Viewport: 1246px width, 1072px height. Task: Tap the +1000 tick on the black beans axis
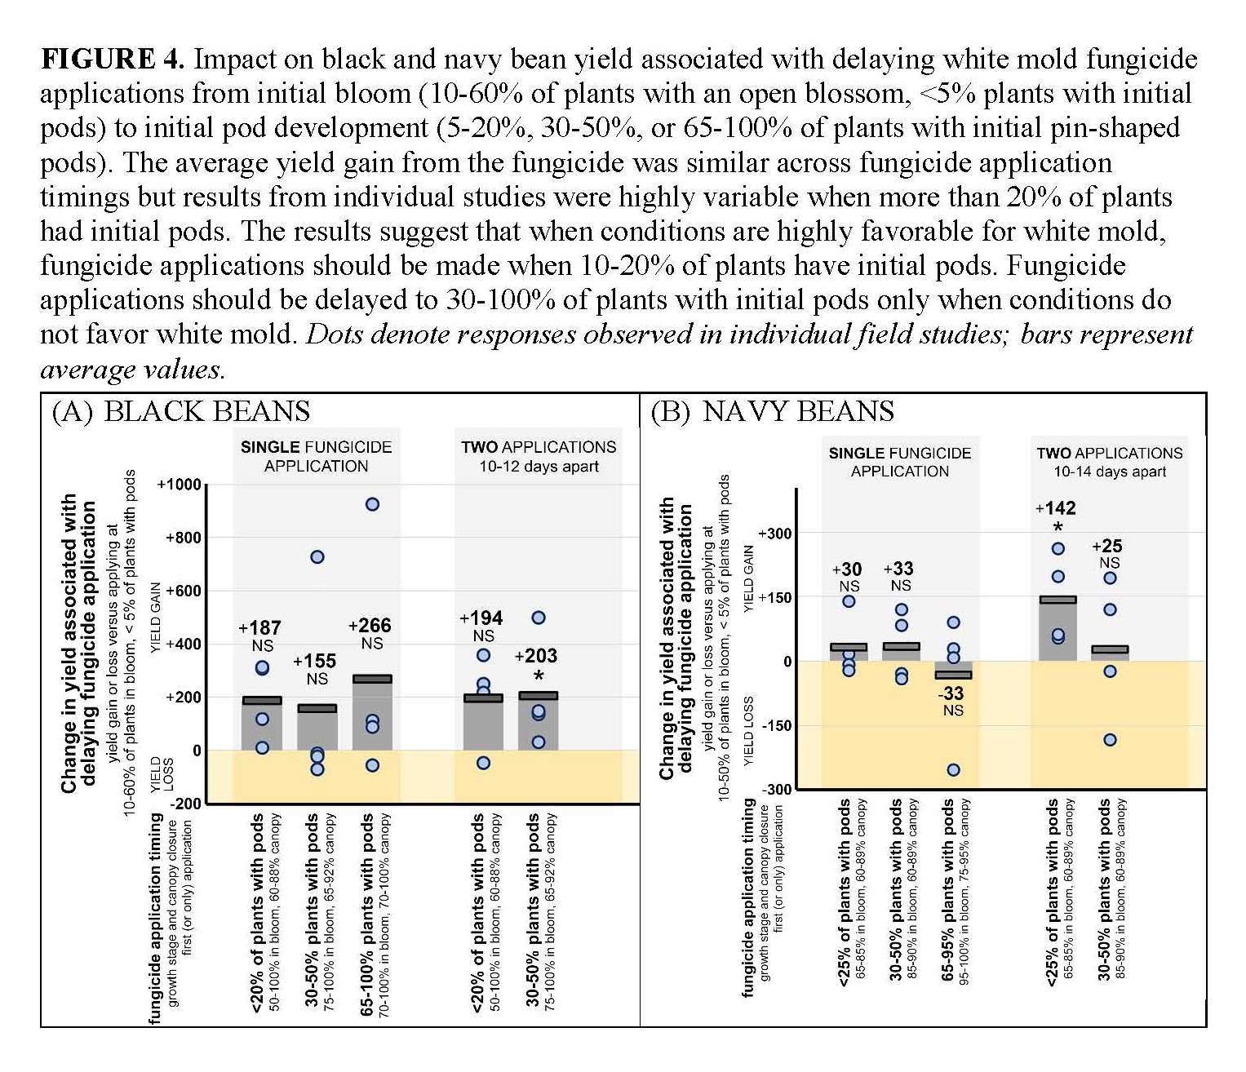tap(178, 485)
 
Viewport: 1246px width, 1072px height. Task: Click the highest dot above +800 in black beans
tap(372, 504)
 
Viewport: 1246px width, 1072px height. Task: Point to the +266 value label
tap(370, 626)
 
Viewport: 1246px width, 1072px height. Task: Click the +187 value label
tap(259, 628)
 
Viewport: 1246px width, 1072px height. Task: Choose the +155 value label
tap(314, 662)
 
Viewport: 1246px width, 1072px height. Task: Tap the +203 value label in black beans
tap(536, 656)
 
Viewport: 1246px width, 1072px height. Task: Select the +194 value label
tap(481, 618)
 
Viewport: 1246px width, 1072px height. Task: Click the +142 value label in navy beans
tap(1056, 508)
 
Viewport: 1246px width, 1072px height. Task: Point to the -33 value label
tap(951, 693)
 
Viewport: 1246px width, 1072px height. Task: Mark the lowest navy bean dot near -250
tap(953, 770)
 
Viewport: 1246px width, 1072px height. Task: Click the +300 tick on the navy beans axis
tap(774, 534)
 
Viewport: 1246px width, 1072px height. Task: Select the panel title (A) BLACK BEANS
tap(180, 411)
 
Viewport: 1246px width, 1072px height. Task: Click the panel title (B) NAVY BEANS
tap(772, 411)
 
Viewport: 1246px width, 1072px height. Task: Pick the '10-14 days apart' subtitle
tap(1109, 472)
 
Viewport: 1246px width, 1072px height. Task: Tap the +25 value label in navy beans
tap(1107, 547)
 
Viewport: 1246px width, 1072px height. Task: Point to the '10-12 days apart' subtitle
tap(539, 467)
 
